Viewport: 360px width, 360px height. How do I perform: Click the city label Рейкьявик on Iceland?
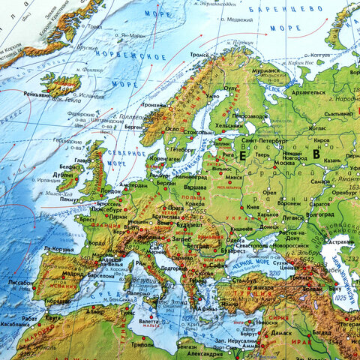pyautogui.click(x=36, y=94)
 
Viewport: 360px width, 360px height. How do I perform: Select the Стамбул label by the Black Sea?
pyautogui.click(x=241, y=280)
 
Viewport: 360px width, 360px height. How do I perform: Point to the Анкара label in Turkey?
pyautogui.click(x=264, y=286)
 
